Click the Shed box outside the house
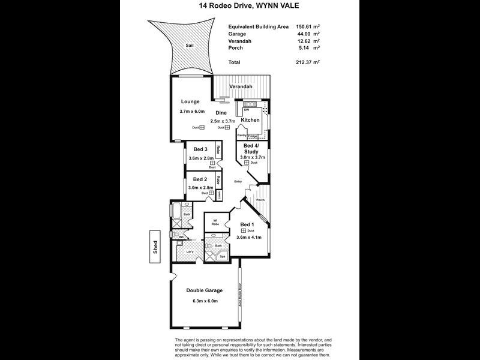click(155, 247)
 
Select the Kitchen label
click(250, 120)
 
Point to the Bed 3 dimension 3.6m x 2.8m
click(201, 158)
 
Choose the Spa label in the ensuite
click(221, 256)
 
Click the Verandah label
click(240, 87)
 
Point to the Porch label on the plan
click(260, 200)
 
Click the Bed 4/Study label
click(252, 148)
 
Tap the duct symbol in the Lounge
click(202, 127)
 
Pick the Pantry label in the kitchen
click(242, 136)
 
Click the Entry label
click(238, 181)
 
